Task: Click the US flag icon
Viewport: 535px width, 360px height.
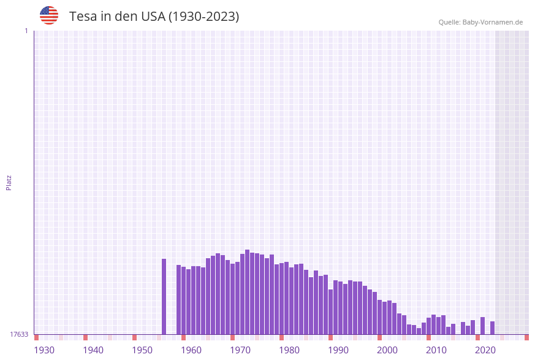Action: click(49, 15)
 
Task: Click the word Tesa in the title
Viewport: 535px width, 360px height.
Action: click(82, 17)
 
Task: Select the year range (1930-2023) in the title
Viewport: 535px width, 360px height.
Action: click(203, 17)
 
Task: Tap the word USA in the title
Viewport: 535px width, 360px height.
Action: click(153, 17)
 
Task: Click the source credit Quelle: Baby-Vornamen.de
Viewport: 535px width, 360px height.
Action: click(480, 22)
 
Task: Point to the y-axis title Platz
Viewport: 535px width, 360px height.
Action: click(9, 182)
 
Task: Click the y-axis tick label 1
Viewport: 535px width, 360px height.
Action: click(26, 31)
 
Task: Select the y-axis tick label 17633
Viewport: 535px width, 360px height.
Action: click(18, 334)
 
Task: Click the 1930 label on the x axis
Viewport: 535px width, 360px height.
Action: click(44, 350)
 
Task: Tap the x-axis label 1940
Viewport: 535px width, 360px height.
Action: click(93, 350)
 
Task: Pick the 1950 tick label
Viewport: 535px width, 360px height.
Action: click(142, 350)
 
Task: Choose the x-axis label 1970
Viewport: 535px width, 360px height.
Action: click(240, 350)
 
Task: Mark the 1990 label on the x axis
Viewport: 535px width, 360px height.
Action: click(338, 350)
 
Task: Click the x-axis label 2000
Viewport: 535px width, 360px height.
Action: click(387, 350)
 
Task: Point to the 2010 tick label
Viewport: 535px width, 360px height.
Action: click(436, 350)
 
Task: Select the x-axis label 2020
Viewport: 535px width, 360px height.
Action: click(485, 350)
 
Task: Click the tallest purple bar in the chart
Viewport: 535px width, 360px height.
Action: click(247, 292)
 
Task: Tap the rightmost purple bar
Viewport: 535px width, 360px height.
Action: click(492, 327)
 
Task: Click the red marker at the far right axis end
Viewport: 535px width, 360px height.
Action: click(526, 337)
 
